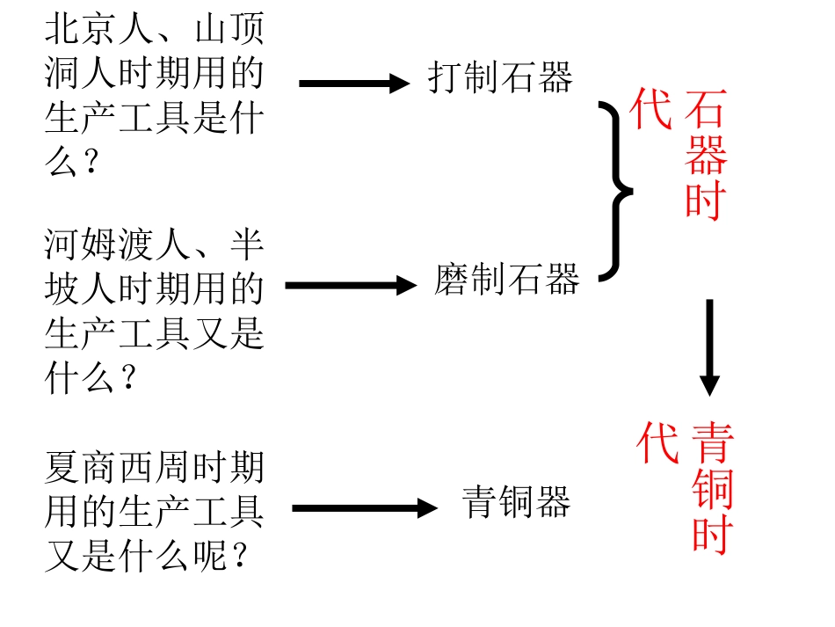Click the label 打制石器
(500, 77)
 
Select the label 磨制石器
(506, 279)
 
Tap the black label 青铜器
(516, 502)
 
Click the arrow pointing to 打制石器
(354, 84)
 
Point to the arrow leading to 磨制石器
(351, 286)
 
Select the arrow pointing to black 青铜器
(365, 508)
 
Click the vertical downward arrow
(709, 348)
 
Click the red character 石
(706, 109)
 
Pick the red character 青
(713, 441)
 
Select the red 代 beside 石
(650, 109)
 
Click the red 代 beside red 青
(657, 441)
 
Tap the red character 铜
(713, 488)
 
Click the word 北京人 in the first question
(99, 28)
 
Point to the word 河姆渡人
(118, 244)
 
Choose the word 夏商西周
(118, 467)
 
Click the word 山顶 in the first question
(229, 28)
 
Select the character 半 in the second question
(247, 244)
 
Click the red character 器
(706, 155)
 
